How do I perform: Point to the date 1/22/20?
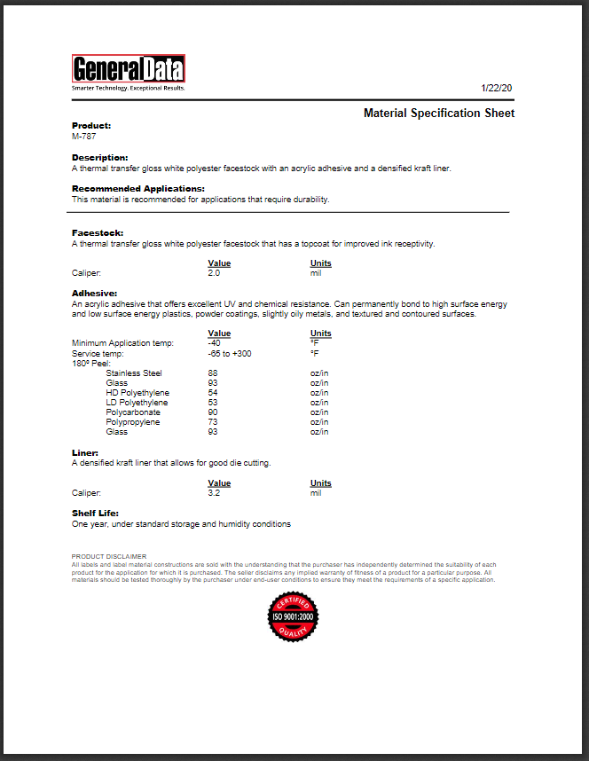tap(497, 88)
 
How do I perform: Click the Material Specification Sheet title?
tap(439, 114)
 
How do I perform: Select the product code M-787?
tap(83, 137)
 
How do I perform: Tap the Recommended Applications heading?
tap(137, 188)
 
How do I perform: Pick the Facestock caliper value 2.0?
tap(213, 273)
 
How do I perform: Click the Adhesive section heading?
tap(94, 293)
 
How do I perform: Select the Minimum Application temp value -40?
tap(214, 343)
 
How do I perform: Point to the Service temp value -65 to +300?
tap(229, 353)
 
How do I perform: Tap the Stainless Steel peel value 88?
tap(213, 373)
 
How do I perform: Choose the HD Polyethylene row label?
tap(137, 393)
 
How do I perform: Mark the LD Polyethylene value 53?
tap(213, 403)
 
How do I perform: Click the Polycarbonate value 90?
tap(213, 412)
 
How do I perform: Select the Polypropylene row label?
tap(133, 422)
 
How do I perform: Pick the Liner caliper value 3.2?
tap(213, 492)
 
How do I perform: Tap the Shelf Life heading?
tap(94, 513)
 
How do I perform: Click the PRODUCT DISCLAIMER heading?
tap(108, 556)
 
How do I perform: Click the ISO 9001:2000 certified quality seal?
tap(293, 615)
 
